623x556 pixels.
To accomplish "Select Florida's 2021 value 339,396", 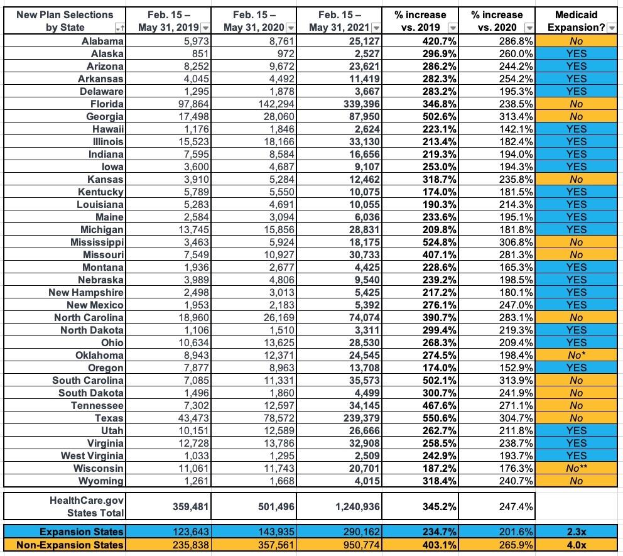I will tap(356, 104).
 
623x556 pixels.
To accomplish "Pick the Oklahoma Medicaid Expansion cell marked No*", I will tap(577, 355).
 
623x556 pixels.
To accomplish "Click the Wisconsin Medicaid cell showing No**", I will tap(577, 468).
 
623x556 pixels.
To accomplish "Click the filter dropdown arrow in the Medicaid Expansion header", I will tap(611, 28).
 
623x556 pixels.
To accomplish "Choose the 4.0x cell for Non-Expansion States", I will tap(577, 545).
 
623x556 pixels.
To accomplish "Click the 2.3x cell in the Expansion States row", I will tap(577, 531).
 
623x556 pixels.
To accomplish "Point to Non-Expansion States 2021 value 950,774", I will tap(356, 545).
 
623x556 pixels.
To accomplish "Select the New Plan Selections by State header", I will tap(63, 21).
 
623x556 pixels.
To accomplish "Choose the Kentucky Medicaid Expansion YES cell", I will tap(577, 192).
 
